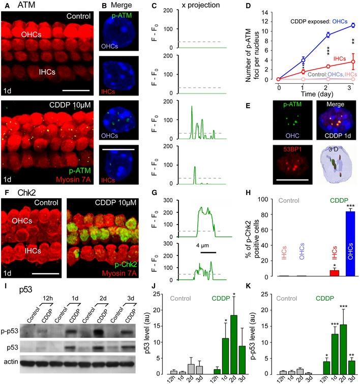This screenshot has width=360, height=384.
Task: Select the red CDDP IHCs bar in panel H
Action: pyautogui.click(x=319, y=273)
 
